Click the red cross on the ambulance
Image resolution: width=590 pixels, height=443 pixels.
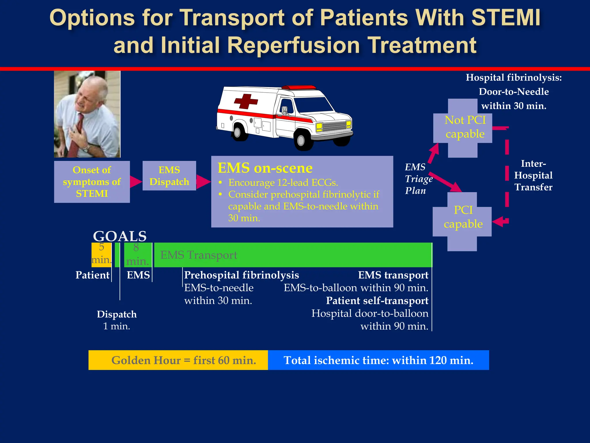tap(246, 101)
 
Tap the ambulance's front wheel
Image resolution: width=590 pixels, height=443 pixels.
tap(301, 140)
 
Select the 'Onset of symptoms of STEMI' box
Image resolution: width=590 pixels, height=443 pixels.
tap(92, 182)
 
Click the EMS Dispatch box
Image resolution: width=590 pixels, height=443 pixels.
tap(169, 176)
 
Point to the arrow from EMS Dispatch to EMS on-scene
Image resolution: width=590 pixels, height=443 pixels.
tap(203, 182)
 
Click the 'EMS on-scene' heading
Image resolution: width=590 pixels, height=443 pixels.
tap(265, 168)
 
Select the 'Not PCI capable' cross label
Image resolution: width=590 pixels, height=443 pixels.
tap(465, 127)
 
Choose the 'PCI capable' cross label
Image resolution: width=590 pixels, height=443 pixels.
tap(463, 217)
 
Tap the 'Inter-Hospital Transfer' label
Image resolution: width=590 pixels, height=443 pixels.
tap(533, 175)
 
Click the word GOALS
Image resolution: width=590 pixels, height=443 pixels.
tap(120, 236)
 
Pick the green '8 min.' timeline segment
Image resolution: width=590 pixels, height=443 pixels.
tap(137, 255)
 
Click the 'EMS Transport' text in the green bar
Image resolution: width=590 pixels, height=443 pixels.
tap(198, 255)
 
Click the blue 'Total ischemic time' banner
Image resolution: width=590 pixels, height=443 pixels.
tap(378, 360)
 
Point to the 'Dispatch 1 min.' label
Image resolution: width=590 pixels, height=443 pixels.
tap(117, 320)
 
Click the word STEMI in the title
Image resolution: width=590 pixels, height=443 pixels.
tap(506, 18)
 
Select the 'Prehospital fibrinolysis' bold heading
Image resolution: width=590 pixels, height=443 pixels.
tap(241, 275)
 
